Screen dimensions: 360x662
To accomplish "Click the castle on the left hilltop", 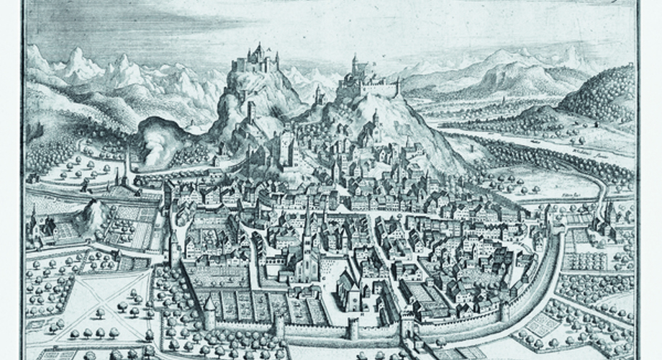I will (256, 58).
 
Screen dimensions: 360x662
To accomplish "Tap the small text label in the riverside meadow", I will (573, 194).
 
